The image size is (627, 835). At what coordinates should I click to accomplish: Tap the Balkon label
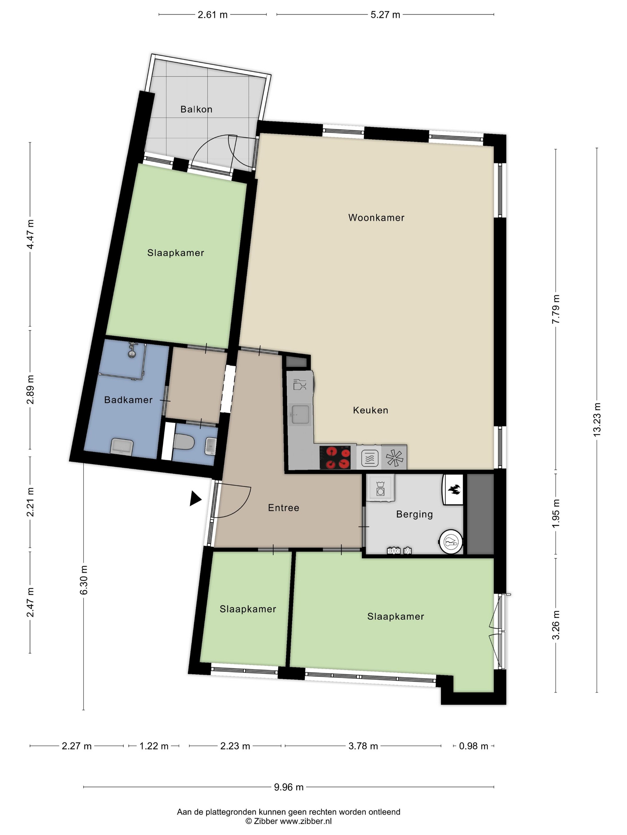(196, 109)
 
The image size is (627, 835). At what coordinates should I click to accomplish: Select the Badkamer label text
(128, 400)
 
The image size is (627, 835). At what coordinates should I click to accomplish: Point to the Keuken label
(371, 410)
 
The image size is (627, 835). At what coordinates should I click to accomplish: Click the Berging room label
(415, 514)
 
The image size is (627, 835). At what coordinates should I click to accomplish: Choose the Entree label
(283, 508)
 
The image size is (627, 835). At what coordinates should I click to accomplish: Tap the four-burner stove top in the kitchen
(335, 457)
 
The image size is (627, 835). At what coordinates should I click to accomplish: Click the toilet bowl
(184, 441)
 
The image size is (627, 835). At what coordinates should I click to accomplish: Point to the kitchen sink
(300, 415)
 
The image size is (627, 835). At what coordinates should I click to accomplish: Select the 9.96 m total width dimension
(289, 787)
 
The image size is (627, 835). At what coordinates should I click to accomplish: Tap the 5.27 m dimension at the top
(385, 15)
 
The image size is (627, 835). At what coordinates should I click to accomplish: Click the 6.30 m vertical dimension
(84, 580)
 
